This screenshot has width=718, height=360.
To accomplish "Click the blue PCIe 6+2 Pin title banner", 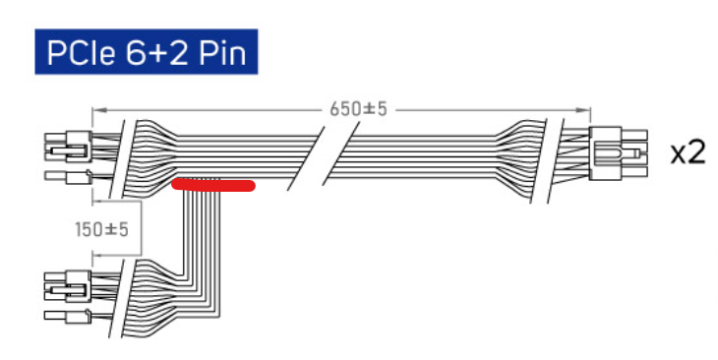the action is pyautogui.click(x=147, y=51).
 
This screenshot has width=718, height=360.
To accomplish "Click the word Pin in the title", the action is pyautogui.click(x=223, y=53).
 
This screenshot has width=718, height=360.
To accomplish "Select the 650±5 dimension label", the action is pyautogui.click(x=359, y=109).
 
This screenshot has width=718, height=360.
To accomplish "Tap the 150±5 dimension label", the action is pyautogui.click(x=101, y=229).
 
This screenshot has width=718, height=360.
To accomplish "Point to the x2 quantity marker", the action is pyautogui.click(x=688, y=153).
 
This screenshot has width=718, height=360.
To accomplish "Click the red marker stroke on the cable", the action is pyautogui.click(x=212, y=185).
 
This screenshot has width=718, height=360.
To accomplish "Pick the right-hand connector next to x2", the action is pyautogui.click(x=619, y=153).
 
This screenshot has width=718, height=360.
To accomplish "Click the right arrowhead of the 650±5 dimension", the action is pyautogui.click(x=584, y=110).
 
